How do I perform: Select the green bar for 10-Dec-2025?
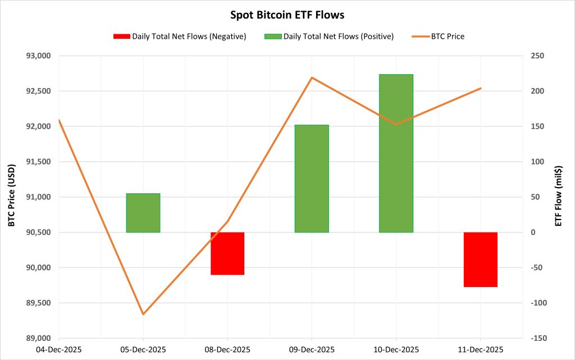click(396, 153)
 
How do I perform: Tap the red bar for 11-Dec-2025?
click(481, 259)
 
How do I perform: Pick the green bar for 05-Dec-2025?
click(143, 213)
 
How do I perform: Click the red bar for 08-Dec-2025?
click(227, 253)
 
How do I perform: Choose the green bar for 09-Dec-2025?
click(312, 179)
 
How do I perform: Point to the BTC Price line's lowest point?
click(143, 314)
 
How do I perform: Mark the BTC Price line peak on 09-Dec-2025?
click(312, 78)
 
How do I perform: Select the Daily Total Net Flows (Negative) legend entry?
click(179, 37)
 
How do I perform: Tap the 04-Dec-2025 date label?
click(58, 349)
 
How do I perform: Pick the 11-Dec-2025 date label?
click(481, 349)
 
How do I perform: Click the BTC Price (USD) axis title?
click(11, 197)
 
